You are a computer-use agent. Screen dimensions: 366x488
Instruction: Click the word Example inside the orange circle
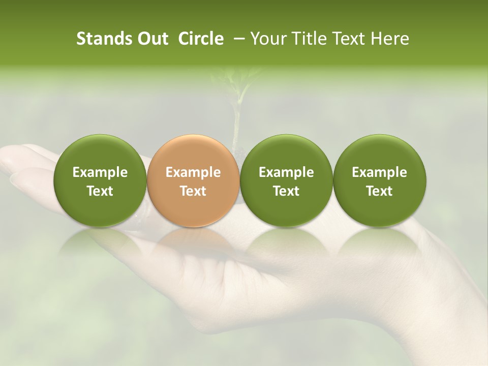193,172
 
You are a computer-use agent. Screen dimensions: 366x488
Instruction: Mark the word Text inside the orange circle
193,191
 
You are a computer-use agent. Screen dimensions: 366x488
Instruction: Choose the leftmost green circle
100,180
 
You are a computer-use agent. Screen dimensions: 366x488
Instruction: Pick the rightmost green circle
379,180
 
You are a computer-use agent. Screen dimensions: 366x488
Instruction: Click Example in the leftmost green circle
100,172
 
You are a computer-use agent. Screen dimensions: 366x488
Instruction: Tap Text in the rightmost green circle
379,191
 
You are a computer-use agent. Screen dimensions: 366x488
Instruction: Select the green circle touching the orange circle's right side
286,180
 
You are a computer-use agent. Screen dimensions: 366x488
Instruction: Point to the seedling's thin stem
236,122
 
